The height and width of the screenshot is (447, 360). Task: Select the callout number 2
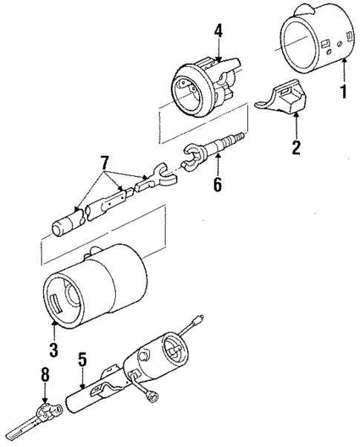296,147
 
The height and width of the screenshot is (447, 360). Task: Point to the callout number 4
219,31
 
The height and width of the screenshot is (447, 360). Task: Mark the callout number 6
217,183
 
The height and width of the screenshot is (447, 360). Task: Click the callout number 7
104,161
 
